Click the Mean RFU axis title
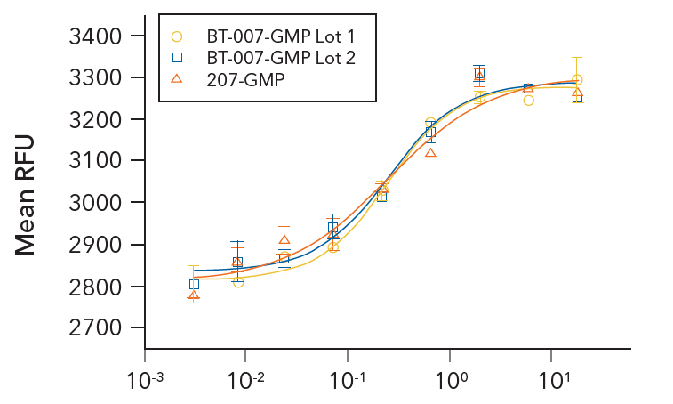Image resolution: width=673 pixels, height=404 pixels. [x=26, y=194]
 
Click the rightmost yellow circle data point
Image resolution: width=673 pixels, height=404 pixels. [x=577, y=80]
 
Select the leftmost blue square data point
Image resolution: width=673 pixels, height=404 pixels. [x=194, y=284]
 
